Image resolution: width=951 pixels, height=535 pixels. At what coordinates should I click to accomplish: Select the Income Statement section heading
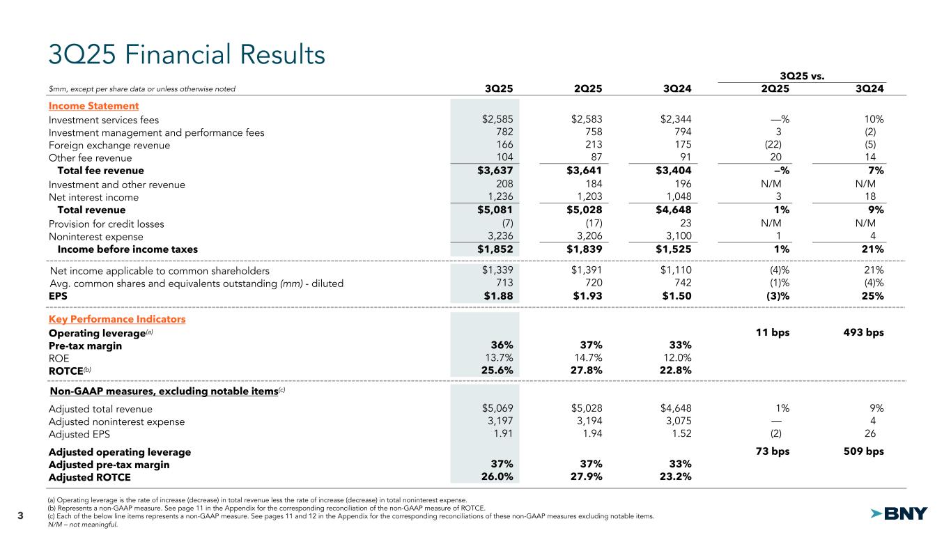click(93, 106)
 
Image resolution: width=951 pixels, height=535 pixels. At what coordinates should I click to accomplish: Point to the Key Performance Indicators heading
click(117, 319)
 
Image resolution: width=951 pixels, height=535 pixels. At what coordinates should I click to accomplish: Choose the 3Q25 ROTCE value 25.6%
click(497, 370)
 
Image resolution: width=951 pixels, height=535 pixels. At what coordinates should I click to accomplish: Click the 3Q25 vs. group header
click(803, 75)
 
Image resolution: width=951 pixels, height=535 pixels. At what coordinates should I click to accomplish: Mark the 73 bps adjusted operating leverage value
click(773, 451)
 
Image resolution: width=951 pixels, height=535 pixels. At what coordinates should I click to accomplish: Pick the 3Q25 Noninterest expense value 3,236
click(499, 236)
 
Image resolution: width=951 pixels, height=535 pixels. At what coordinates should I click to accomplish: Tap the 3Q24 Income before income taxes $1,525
click(672, 249)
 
